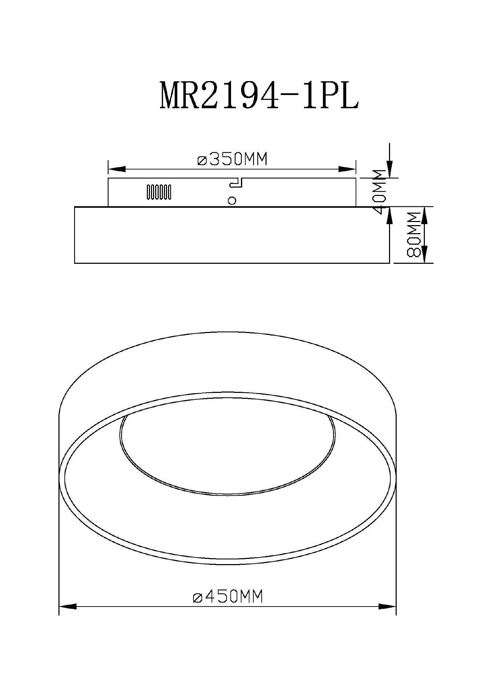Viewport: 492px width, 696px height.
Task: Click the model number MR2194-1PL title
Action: click(x=259, y=95)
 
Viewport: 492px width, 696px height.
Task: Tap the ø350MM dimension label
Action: click(x=232, y=159)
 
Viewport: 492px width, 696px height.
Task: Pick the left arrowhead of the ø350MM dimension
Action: click(x=117, y=169)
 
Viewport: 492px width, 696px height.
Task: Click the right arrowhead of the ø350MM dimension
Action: click(x=347, y=169)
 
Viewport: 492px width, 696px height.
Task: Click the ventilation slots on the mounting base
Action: click(x=159, y=192)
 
